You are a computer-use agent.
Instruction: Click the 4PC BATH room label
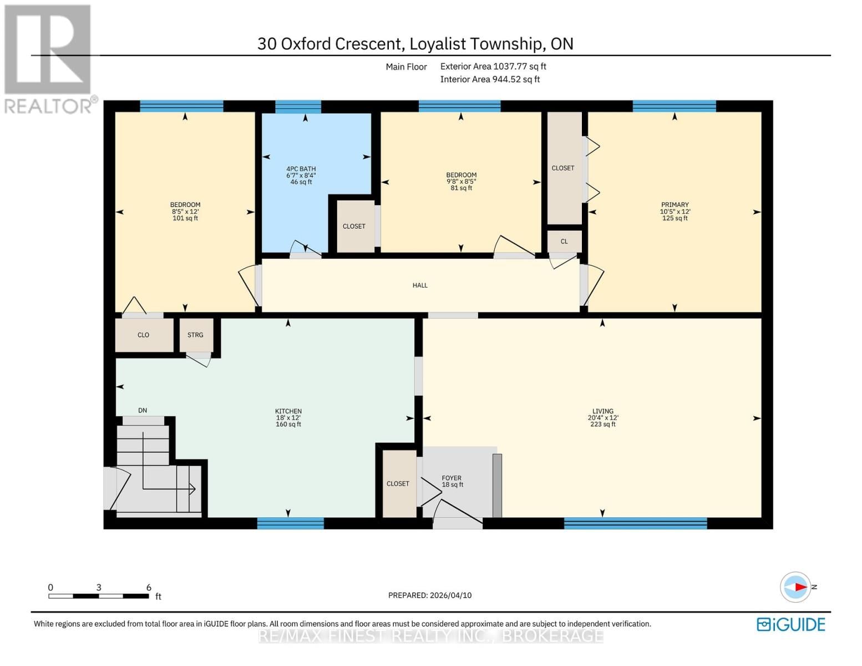pyautogui.click(x=301, y=169)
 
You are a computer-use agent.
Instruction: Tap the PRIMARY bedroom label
pyautogui.click(x=675, y=205)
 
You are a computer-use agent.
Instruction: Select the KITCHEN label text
pyautogui.click(x=288, y=411)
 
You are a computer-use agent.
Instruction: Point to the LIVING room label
pyautogui.click(x=602, y=411)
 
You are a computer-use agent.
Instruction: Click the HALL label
pyautogui.click(x=420, y=285)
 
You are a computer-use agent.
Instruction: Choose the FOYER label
pyautogui.click(x=452, y=478)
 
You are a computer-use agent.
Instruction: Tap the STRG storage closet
pyautogui.click(x=196, y=335)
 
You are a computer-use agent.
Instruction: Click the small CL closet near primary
pyautogui.click(x=564, y=241)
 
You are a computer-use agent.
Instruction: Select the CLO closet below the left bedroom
pyautogui.click(x=143, y=335)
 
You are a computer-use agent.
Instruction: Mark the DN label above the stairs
pyautogui.click(x=143, y=411)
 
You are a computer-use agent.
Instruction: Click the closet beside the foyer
pyautogui.click(x=398, y=483)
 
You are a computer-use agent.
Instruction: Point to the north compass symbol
pyautogui.click(x=796, y=587)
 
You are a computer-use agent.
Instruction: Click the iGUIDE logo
pyautogui.click(x=791, y=624)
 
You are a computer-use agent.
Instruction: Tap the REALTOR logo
pyautogui.click(x=48, y=58)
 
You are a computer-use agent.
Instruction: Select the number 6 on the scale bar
pyautogui.click(x=149, y=587)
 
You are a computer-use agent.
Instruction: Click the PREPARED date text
pyautogui.click(x=430, y=595)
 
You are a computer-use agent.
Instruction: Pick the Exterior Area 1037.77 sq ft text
pyautogui.click(x=493, y=66)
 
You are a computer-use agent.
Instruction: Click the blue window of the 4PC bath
pyautogui.click(x=298, y=107)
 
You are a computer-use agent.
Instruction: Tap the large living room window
pyautogui.click(x=635, y=523)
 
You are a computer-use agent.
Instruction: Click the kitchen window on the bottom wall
pyautogui.click(x=290, y=523)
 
